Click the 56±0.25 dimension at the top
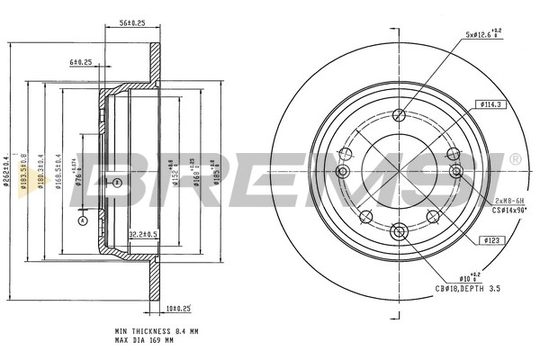[133, 23]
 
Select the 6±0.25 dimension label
[81, 62]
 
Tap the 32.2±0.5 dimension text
[143, 235]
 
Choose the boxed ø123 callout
[491, 240]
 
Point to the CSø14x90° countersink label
[510, 210]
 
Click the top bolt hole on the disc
[400, 112]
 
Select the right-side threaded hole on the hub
[456, 171]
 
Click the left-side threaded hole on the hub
[342, 172]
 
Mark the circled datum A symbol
[82, 220]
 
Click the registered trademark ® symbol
[515, 158]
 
